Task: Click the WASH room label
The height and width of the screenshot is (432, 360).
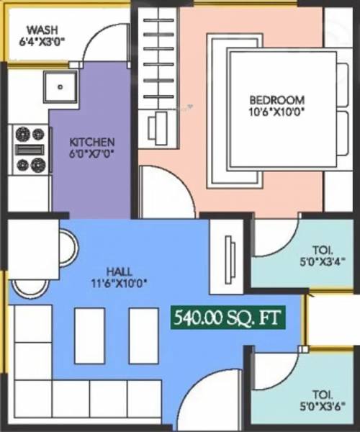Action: [x=42, y=30]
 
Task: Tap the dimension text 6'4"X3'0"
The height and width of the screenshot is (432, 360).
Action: [x=42, y=42]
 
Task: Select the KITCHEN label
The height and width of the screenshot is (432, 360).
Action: [x=91, y=142]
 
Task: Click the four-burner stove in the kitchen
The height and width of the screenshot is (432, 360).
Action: [x=30, y=149]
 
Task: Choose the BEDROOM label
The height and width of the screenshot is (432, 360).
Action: [x=277, y=100]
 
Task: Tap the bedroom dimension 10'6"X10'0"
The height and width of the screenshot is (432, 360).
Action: [x=277, y=112]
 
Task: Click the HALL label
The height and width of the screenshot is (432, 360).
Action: [x=119, y=271]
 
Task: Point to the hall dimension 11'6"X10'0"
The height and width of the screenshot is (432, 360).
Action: [x=119, y=283]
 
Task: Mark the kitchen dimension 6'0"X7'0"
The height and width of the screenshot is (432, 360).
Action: [x=91, y=153]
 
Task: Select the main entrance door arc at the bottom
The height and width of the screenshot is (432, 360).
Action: [x=209, y=400]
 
